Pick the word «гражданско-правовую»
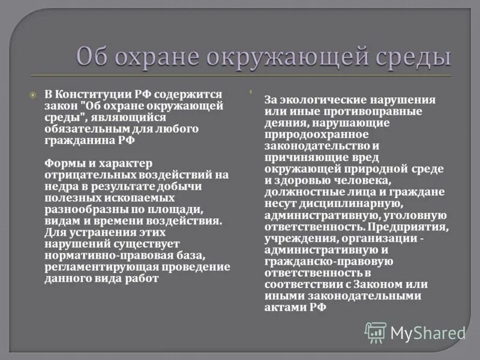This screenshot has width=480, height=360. tap(320, 260)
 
